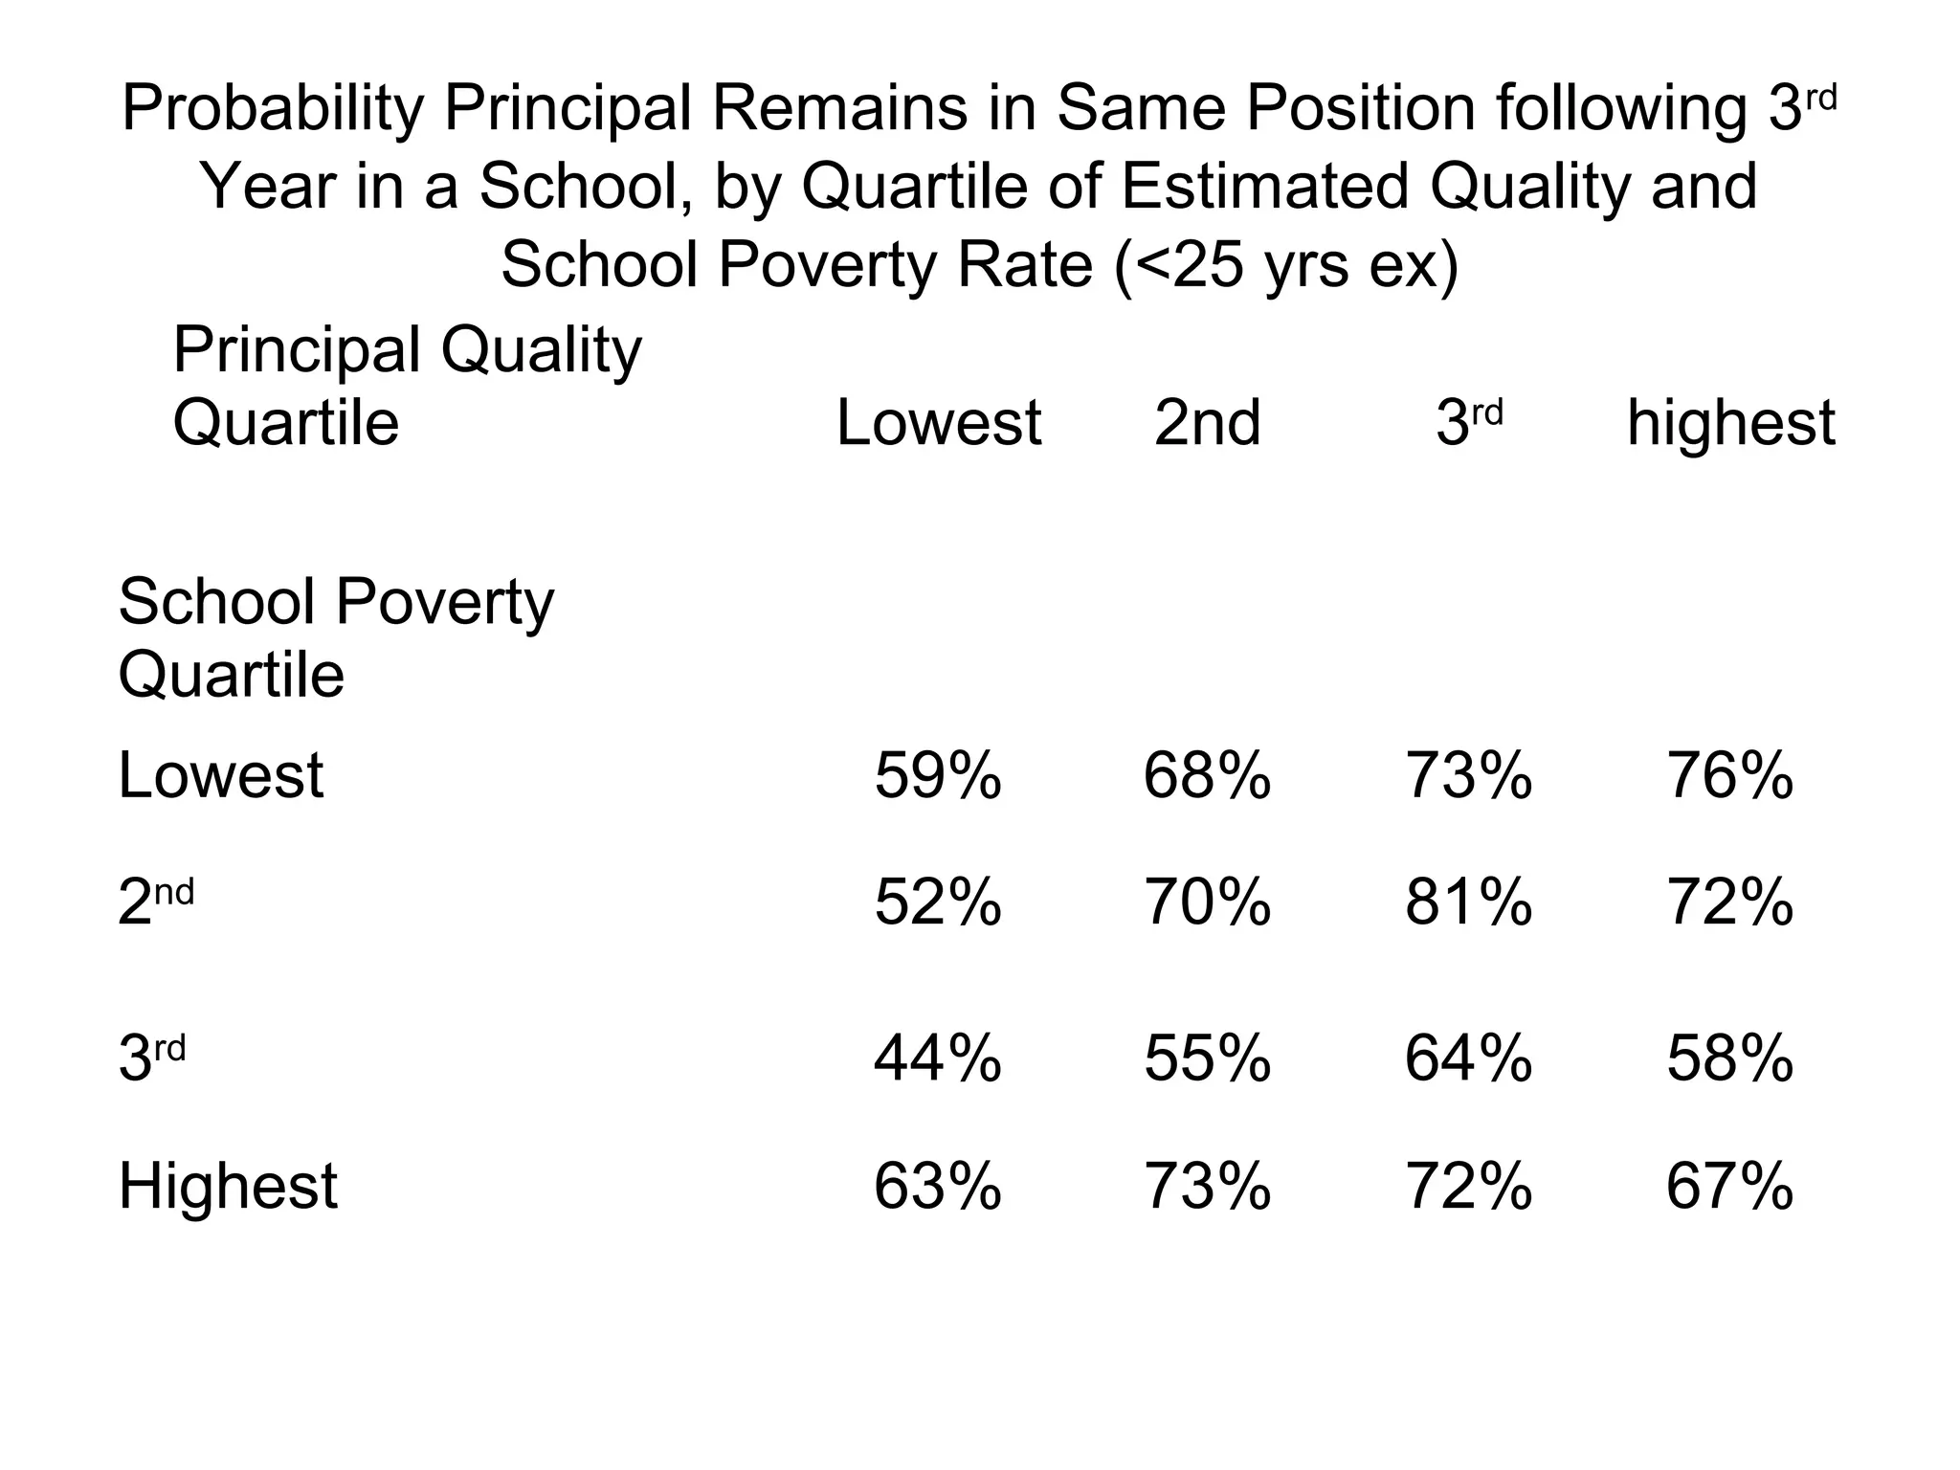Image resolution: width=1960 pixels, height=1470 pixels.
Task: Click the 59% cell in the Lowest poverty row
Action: click(x=937, y=775)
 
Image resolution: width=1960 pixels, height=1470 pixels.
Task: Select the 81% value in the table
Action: click(x=1468, y=902)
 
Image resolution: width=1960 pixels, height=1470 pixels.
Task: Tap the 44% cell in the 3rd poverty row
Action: click(x=937, y=1058)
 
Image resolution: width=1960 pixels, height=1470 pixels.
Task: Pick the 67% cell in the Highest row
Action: click(x=1729, y=1187)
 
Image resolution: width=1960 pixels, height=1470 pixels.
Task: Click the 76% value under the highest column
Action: click(x=1729, y=775)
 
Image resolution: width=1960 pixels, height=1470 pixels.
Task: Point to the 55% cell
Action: click(x=1207, y=1058)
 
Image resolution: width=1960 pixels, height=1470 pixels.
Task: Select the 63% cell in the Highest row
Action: click(x=937, y=1187)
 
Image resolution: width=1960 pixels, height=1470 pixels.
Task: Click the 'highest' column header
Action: click(x=1730, y=423)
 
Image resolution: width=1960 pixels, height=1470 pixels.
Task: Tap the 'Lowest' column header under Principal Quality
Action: click(x=938, y=423)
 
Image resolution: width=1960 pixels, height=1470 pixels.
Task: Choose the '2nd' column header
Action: click(x=1207, y=423)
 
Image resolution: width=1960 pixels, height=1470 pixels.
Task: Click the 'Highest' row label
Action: click(x=228, y=1187)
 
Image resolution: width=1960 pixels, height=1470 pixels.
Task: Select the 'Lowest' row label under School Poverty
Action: click(x=220, y=775)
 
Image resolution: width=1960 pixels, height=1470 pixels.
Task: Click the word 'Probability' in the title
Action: click(x=273, y=108)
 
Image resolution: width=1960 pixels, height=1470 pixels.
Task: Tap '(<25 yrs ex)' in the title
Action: click(x=1286, y=265)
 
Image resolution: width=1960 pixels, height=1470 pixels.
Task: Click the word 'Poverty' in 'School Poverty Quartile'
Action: click(x=445, y=603)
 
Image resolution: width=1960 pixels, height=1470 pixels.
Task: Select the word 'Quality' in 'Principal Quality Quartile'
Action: click(x=541, y=350)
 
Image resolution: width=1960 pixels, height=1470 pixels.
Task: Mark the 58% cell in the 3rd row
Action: click(x=1729, y=1058)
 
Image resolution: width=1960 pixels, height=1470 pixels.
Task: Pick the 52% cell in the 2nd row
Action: click(x=937, y=902)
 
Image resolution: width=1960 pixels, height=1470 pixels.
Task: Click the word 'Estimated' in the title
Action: click(x=1264, y=187)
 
